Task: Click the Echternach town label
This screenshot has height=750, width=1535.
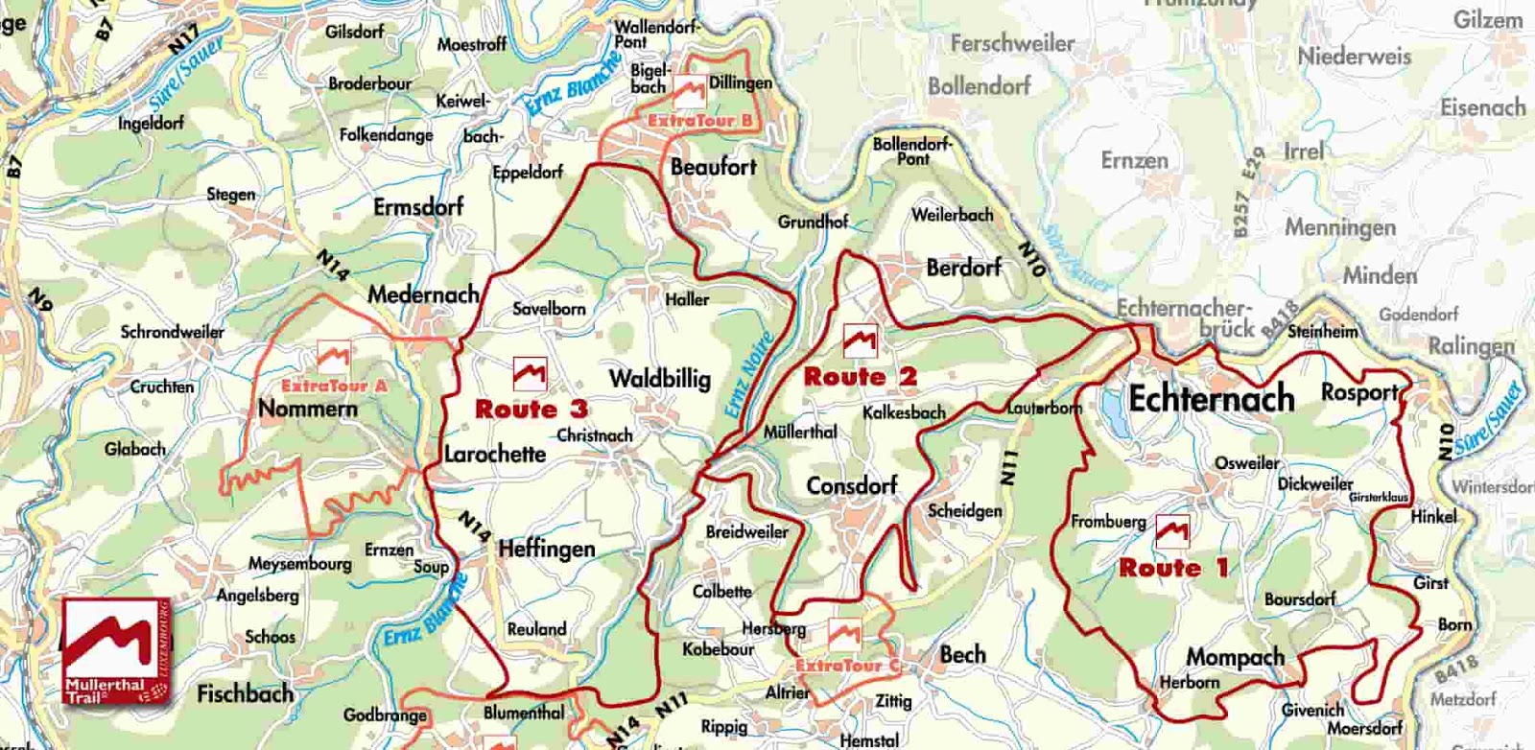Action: click(x=1211, y=398)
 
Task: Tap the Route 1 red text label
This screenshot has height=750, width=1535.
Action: click(x=1172, y=568)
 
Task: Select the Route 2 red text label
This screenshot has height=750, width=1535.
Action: click(x=860, y=377)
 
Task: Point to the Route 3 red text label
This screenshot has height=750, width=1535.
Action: click(x=531, y=410)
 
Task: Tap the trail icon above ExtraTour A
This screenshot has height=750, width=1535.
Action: click(x=333, y=357)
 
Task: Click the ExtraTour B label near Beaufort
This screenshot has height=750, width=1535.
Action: click(x=699, y=121)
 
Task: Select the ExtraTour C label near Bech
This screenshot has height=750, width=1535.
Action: click(x=847, y=665)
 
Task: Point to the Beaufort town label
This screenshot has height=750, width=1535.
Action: click(x=713, y=167)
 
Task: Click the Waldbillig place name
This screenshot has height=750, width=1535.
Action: click(x=659, y=378)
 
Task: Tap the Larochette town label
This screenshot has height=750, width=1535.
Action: click(x=494, y=453)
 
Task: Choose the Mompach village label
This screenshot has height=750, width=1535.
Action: click(x=1235, y=657)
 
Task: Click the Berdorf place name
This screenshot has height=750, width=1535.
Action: click(x=963, y=268)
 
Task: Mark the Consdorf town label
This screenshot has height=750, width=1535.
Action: click(x=851, y=485)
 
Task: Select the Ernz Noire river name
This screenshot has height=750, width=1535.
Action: click(x=747, y=375)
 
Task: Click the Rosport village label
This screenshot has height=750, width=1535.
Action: click(x=1358, y=392)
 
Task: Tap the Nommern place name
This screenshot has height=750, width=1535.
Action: click(x=307, y=409)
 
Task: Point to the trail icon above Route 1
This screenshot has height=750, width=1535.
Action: click(x=1171, y=530)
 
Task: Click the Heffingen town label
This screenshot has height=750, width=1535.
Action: click(x=546, y=549)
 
